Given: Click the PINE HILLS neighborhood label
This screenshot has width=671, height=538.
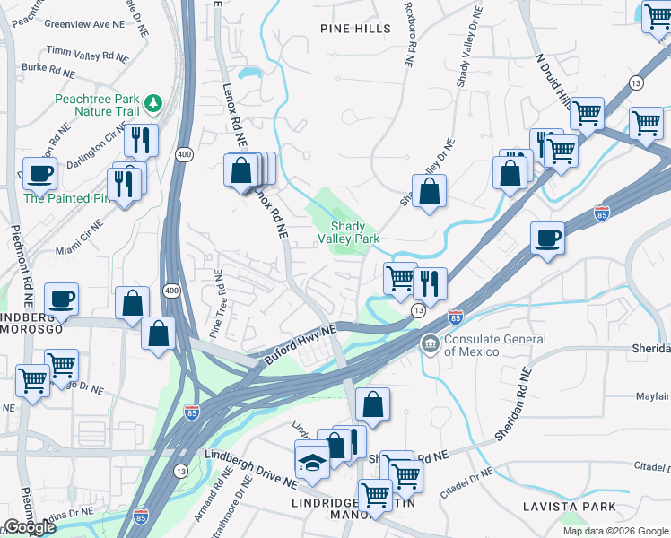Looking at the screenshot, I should pos(355,29).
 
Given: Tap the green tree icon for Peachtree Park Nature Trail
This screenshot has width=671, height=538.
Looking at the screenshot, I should pos(153,102).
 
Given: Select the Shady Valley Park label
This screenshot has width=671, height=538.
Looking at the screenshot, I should pos(349,233).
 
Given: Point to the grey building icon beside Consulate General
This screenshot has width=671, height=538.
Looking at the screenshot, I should pos(431,344).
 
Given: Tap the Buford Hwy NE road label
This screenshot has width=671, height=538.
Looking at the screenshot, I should pos(301,345).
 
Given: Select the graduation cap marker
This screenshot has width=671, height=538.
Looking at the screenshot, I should pos(312,461).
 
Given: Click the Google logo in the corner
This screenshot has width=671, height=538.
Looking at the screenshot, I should pos(29,527).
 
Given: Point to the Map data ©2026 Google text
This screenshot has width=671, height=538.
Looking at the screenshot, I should pos(614,531).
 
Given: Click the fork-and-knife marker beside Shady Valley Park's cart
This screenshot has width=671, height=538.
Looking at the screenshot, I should pos(431,286).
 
